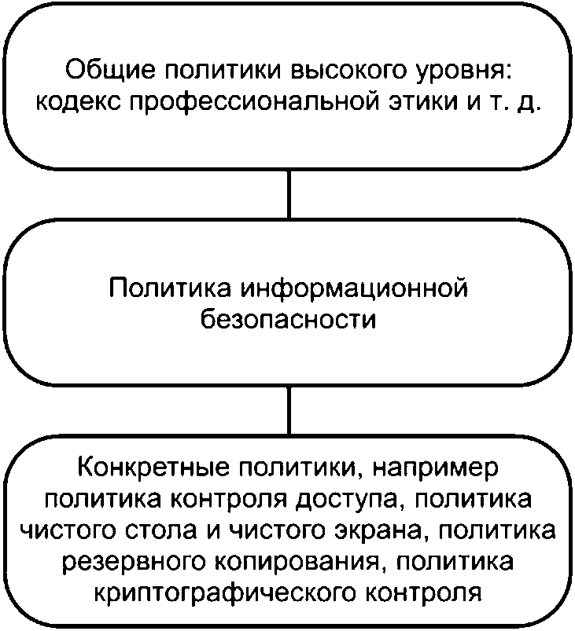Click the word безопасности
point(289,320)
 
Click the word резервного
point(131,561)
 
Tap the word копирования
point(296,561)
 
